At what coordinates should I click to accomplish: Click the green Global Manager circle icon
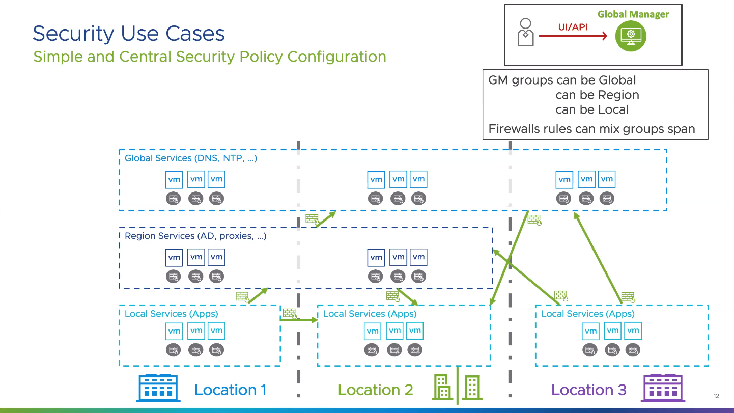pyautogui.click(x=630, y=36)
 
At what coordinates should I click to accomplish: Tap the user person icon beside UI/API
pyautogui.click(x=525, y=33)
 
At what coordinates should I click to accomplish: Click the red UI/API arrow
pyautogui.click(x=573, y=36)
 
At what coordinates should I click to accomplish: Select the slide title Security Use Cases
pyautogui.click(x=129, y=34)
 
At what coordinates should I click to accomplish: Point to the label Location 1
pyautogui.click(x=230, y=390)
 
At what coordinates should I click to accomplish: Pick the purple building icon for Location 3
pyautogui.click(x=662, y=389)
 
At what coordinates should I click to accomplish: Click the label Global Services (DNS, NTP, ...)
pyautogui.click(x=191, y=158)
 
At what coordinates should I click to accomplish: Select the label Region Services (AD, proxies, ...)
pyautogui.click(x=195, y=236)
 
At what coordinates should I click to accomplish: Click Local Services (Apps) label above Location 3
pyautogui.click(x=587, y=314)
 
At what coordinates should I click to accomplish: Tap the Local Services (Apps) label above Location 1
pyautogui.click(x=171, y=314)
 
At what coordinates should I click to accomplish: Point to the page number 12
pyautogui.click(x=717, y=396)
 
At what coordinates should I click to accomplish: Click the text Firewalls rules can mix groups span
pyautogui.click(x=591, y=129)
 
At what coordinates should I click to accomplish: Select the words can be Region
pyautogui.click(x=597, y=95)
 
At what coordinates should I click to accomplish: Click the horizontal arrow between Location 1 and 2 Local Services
pyautogui.click(x=299, y=320)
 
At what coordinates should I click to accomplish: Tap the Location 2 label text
pyautogui.click(x=375, y=390)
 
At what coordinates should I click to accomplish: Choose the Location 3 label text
pyautogui.click(x=588, y=390)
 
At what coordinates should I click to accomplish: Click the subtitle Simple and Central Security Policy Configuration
pyautogui.click(x=210, y=57)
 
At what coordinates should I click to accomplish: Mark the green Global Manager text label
pyautogui.click(x=633, y=14)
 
